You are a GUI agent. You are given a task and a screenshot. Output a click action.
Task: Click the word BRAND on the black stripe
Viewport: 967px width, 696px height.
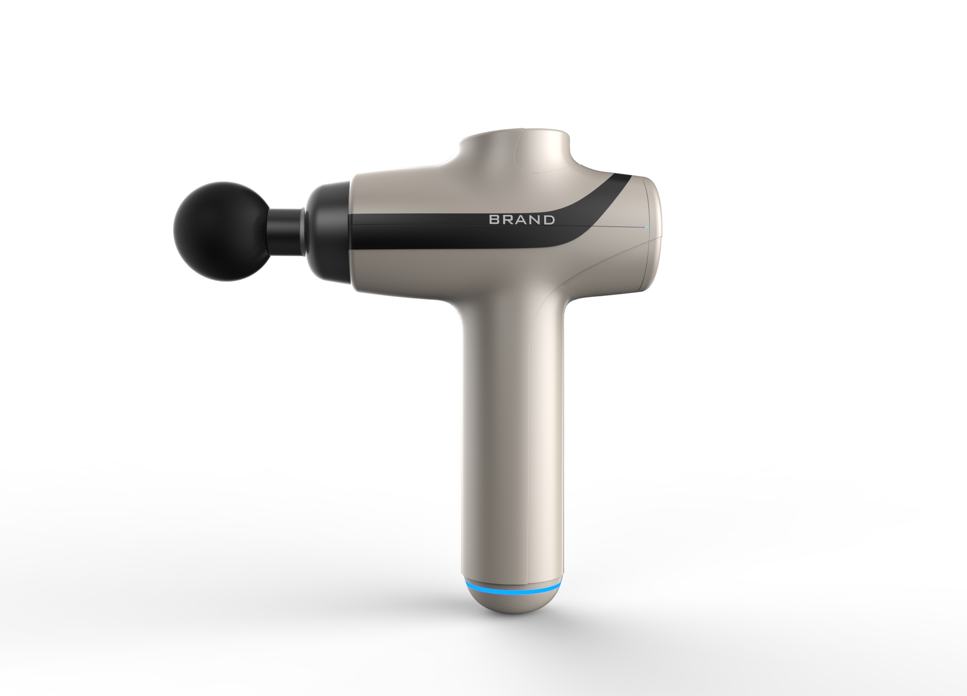[522, 220]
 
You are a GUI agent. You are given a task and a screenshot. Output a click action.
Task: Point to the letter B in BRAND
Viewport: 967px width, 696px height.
[494, 220]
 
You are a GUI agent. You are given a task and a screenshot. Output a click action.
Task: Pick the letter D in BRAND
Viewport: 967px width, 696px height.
[549, 220]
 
